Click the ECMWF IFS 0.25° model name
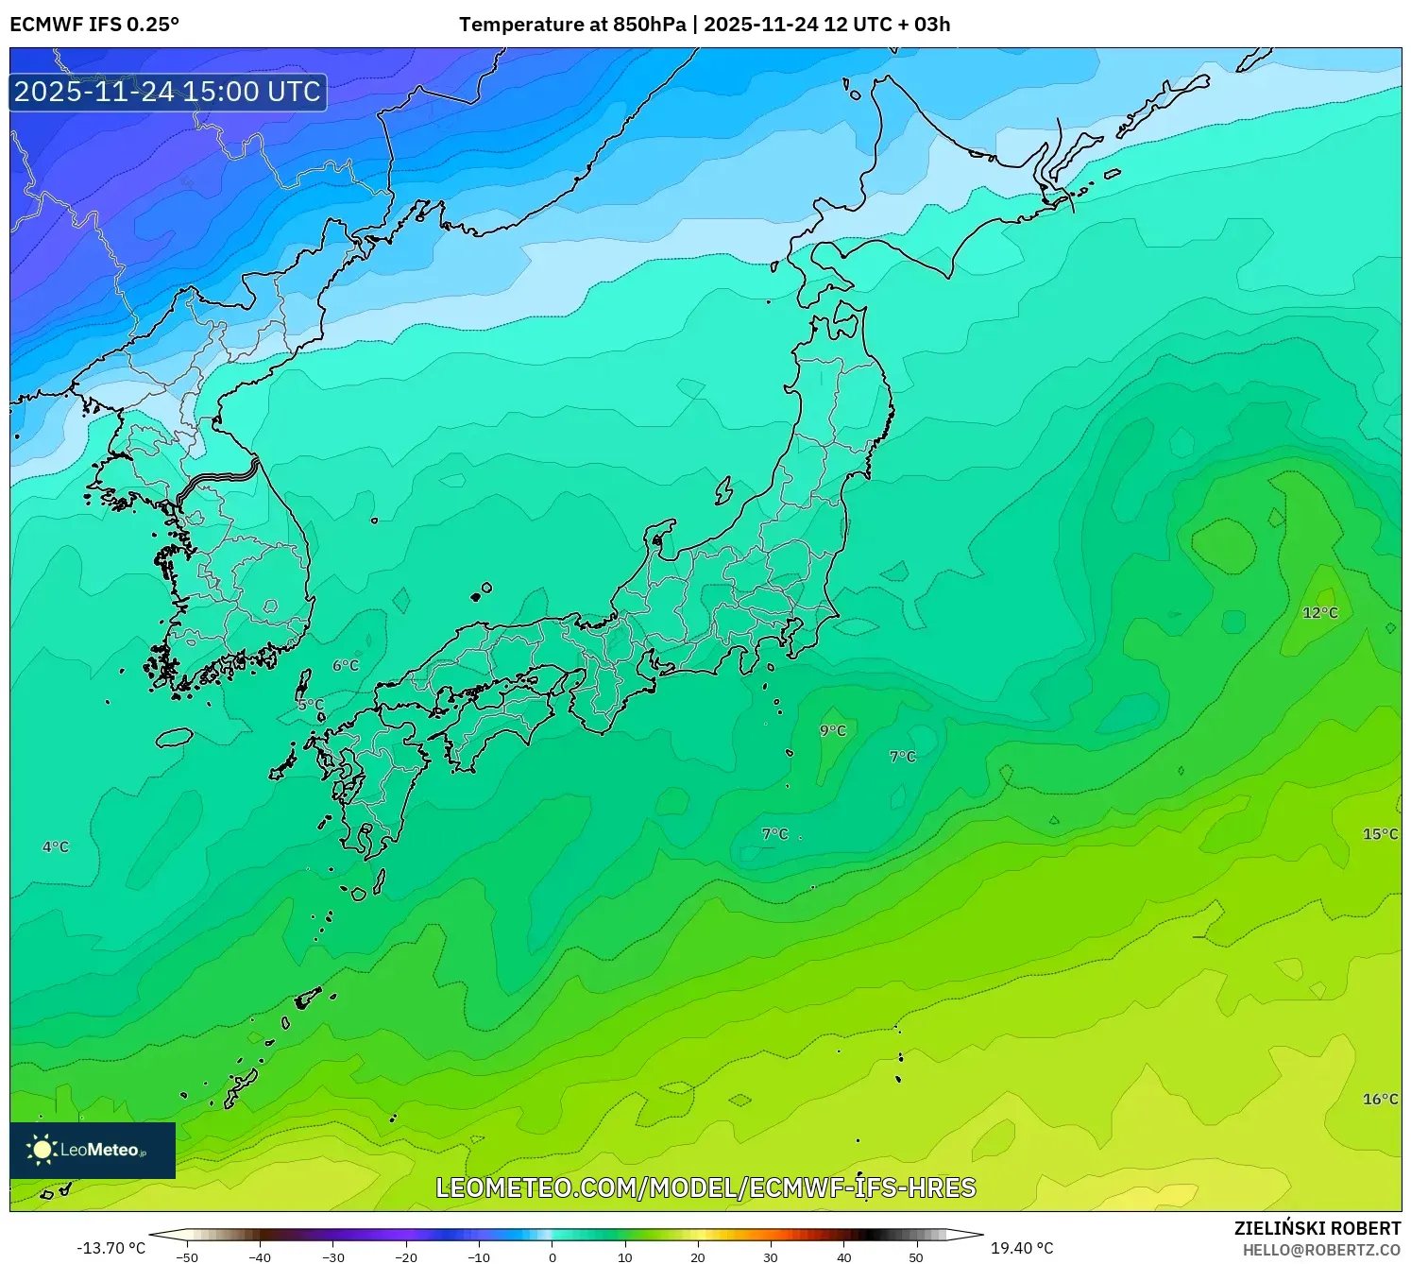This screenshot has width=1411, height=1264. tap(94, 25)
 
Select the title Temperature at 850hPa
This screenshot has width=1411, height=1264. tap(572, 25)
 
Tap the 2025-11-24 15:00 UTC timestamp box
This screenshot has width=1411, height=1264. tap(168, 92)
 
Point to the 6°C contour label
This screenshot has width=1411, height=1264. tap(346, 665)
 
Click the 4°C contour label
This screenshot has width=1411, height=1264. tap(56, 846)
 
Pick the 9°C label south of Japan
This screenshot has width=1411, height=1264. tap(833, 730)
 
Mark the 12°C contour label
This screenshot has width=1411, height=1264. tap(1320, 612)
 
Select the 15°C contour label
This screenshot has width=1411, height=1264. tap(1380, 833)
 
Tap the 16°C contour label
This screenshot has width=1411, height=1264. tap(1380, 1099)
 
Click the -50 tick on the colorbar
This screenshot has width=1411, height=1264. tap(187, 1256)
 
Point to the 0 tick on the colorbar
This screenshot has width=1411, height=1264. tap(552, 1256)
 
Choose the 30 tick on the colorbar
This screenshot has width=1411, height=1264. tap(771, 1256)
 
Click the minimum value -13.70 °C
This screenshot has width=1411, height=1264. tap(110, 1248)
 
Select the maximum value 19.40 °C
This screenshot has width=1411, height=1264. tap(1022, 1248)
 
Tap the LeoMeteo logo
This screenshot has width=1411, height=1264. tap(93, 1150)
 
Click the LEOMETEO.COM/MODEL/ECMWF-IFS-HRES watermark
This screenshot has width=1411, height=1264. tap(705, 1187)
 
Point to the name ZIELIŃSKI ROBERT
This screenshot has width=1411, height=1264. tap(1317, 1228)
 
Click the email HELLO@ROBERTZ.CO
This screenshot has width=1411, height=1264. tap(1321, 1250)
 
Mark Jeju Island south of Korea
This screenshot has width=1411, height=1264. tap(174, 736)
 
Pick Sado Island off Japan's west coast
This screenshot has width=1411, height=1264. tap(724, 490)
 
